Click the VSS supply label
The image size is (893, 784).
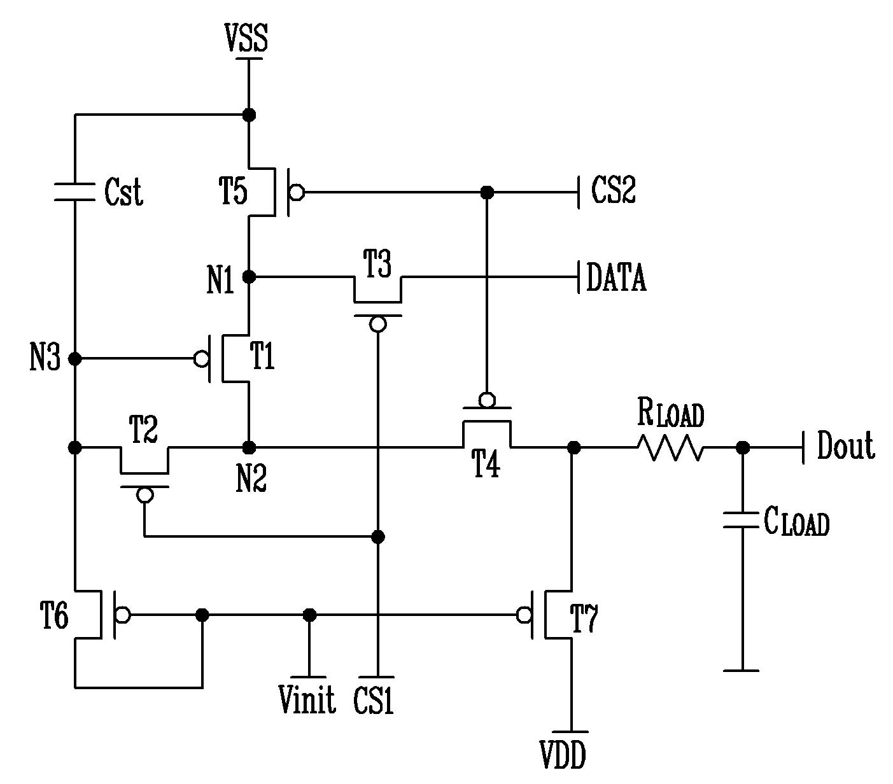(x=246, y=38)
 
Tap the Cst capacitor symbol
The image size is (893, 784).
(x=74, y=192)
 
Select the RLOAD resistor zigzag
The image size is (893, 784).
(x=670, y=448)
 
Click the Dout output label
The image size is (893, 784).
(x=846, y=445)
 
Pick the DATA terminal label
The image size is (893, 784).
(x=616, y=277)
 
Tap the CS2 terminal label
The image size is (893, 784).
(x=613, y=189)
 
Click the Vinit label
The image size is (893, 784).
(x=307, y=699)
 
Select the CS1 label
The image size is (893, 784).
(x=373, y=700)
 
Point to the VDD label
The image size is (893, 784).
(x=563, y=755)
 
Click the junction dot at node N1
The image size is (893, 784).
(x=249, y=277)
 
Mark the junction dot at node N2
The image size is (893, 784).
(x=249, y=448)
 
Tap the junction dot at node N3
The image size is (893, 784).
(x=75, y=359)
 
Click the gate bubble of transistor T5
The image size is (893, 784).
(x=297, y=192)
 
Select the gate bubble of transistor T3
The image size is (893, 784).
(x=377, y=325)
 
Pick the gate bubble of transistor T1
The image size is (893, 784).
(x=201, y=359)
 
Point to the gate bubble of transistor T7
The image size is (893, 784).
(x=524, y=615)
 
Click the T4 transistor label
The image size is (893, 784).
(x=485, y=463)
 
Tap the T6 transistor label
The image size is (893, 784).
(x=54, y=615)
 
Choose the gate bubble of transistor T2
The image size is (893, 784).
(x=144, y=495)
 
